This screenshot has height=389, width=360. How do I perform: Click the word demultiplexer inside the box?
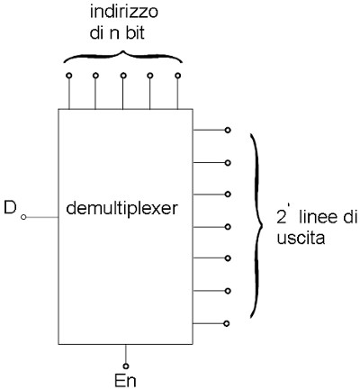click(x=121, y=209)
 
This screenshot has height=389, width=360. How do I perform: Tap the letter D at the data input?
click(x=10, y=207)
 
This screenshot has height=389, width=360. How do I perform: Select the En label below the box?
click(x=125, y=381)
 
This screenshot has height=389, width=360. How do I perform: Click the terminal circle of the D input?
click(x=23, y=217)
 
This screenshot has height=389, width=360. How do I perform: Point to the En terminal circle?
click(x=126, y=366)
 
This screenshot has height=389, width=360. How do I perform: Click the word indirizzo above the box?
click(x=124, y=13)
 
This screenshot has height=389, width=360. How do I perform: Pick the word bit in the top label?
click(x=135, y=33)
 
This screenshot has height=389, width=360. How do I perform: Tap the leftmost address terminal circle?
click(x=69, y=76)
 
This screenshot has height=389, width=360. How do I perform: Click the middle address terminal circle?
click(x=123, y=76)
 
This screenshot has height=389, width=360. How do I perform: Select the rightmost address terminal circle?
click(x=177, y=76)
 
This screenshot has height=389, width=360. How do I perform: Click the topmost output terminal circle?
click(x=228, y=130)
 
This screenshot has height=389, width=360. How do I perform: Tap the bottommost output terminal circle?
click(x=227, y=323)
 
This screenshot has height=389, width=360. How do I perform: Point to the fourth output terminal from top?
click(x=228, y=227)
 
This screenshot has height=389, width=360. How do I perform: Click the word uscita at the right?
click(x=301, y=239)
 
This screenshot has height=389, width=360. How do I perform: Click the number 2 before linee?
click(x=282, y=217)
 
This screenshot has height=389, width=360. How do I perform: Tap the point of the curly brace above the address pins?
click(x=122, y=52)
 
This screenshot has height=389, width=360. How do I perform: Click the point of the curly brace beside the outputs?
click(x=262, y=225)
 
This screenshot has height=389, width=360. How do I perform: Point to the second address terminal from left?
click(x=95, y=76)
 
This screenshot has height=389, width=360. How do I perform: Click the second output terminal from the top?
click(x=228, y=163)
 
